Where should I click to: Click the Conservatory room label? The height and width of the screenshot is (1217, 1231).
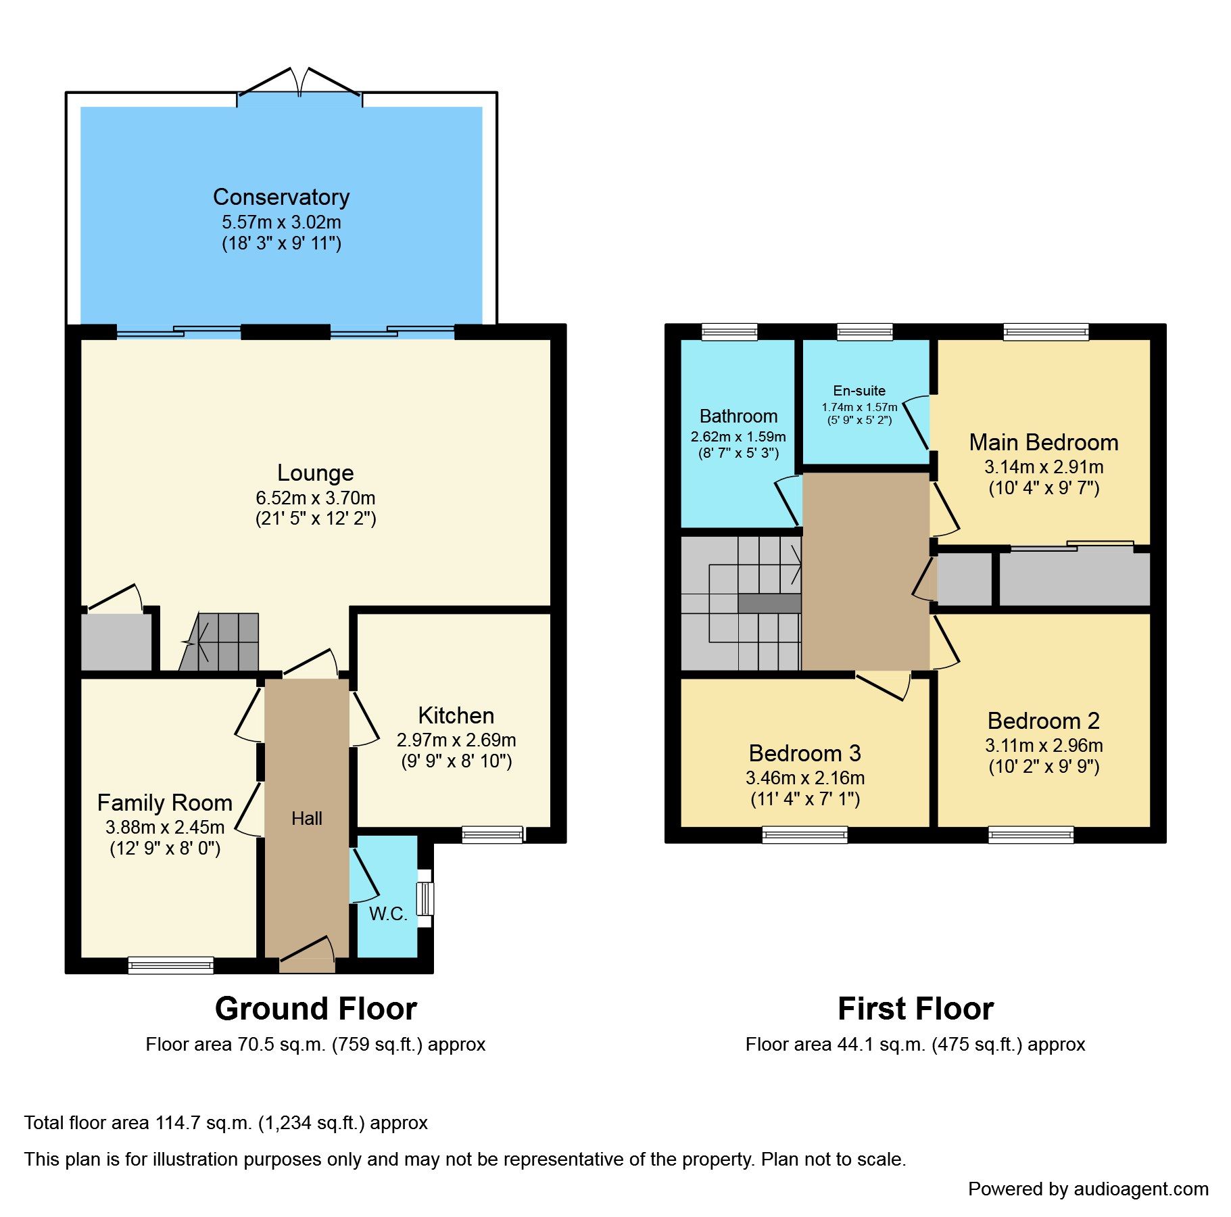281,197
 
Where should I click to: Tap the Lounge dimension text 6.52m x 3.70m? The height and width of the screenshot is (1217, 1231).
315,498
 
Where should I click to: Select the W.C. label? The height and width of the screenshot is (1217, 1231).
388,914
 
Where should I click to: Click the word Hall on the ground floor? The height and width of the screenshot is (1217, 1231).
306,819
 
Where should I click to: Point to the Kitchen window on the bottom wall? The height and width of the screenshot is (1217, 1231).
493,835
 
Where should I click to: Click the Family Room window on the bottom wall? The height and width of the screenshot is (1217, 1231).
171,965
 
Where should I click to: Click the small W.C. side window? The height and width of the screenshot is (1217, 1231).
425,899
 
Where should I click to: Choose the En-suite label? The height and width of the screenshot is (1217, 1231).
859,391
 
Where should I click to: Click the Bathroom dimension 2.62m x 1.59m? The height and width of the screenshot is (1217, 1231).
738,437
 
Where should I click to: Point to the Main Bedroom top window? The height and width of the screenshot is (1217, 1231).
1046,331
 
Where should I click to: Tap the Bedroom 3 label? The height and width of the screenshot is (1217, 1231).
804,753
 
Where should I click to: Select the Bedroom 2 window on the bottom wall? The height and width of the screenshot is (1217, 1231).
1030,835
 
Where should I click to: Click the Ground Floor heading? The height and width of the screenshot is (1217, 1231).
316,1009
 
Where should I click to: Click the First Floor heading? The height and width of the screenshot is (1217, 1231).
915,1009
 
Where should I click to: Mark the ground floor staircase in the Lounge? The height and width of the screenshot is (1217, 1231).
223,642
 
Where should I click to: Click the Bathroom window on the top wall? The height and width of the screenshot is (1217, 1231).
729,331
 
